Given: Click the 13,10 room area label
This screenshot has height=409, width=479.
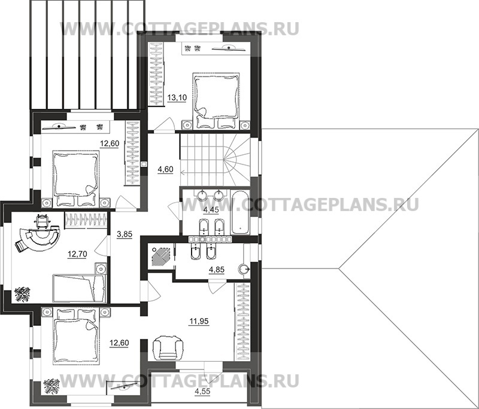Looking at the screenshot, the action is click(x=177, y=97).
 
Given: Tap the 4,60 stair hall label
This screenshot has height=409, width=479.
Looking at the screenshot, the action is click(x=165, y=169).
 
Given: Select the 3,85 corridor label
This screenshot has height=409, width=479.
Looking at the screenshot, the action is click(x=125, y=234).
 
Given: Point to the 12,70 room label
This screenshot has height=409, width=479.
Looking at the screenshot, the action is click(x=77, y=254).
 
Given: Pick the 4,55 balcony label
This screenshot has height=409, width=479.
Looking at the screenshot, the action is click(x=202, y=391).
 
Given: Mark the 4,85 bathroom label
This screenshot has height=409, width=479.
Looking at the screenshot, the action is click(x=216, y=270).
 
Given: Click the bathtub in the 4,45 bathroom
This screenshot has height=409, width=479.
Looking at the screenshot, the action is click(x=240, y=212).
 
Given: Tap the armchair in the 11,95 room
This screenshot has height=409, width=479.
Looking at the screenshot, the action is click(x=168, y=348).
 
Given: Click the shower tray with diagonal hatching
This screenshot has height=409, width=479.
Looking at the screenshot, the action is click(x=160, y=257).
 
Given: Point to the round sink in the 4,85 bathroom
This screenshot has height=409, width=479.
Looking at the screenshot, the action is click(x=244, y=269).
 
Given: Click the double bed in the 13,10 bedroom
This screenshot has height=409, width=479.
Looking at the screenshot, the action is click(x=216, y=100).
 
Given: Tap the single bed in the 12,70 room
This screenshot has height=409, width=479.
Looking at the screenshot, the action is click(x=80, y=288).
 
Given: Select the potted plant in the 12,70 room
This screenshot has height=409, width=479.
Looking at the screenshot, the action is click(x=22, y=294).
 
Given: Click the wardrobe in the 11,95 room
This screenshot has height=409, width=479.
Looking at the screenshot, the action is click(x=242, y=322).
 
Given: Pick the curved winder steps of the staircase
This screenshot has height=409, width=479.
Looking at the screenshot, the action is click(x=237, y=160).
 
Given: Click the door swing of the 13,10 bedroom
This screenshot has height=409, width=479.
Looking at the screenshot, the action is click(x=164, y=125).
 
